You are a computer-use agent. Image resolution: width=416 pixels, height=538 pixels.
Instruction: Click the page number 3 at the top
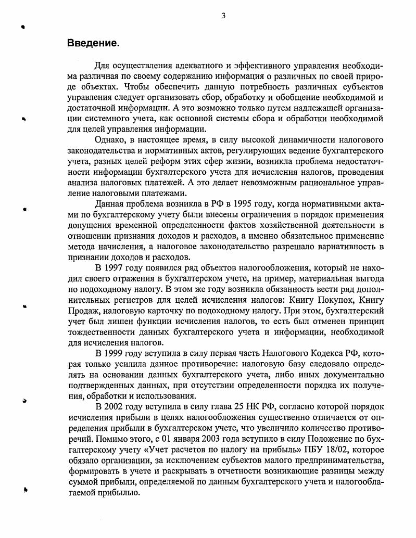[x=223, y=16]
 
